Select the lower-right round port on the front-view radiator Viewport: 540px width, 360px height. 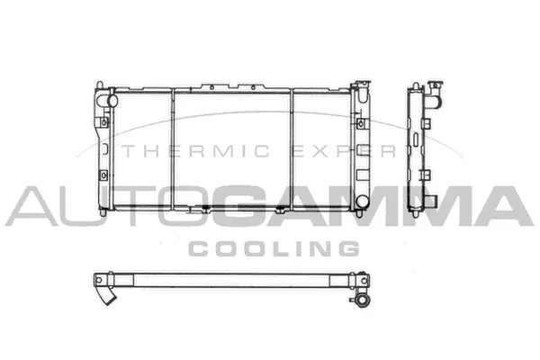click(361, 201)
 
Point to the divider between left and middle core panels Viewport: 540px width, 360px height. click(172, 148)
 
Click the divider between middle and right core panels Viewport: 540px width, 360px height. click(291, 148)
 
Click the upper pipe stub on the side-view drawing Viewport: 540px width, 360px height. click(436, 92)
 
